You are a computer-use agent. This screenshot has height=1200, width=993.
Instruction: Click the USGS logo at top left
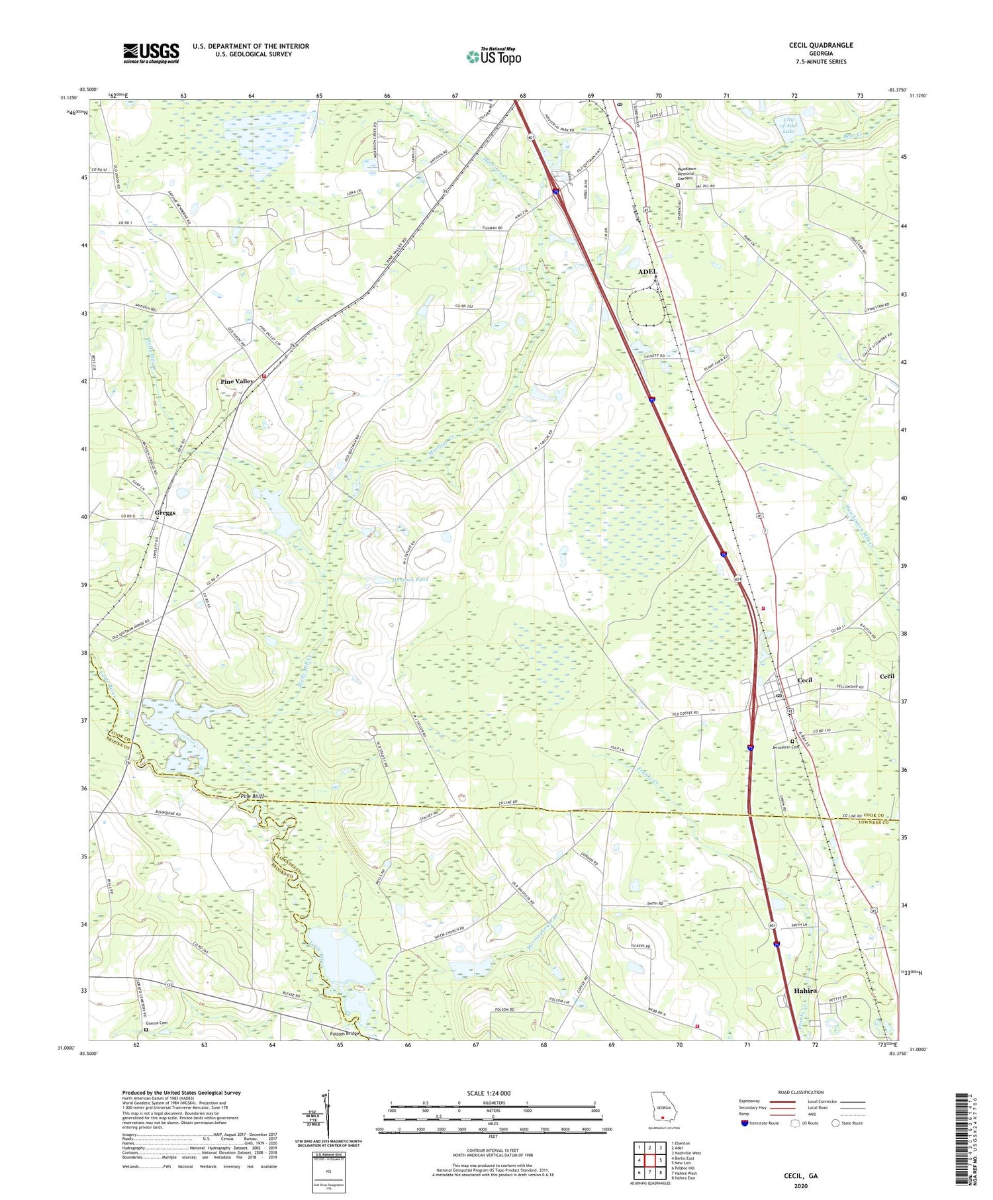[151, 53]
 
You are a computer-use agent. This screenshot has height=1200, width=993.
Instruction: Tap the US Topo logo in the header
[493, 56]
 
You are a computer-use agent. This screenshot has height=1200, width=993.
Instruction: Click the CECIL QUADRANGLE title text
[820, 45]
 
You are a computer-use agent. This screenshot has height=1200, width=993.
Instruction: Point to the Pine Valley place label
[237, 381]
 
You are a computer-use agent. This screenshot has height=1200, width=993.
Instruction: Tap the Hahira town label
[804, 991]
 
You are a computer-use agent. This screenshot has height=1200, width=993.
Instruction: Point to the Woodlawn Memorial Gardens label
[694, 173]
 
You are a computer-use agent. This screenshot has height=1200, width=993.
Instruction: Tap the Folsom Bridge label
[344, 1033]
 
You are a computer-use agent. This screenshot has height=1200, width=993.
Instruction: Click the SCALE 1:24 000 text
[493, 1093]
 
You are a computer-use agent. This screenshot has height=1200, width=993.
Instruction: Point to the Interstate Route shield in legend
[745, 1123]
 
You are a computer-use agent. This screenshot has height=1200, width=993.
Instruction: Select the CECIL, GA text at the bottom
[801, 1175]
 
